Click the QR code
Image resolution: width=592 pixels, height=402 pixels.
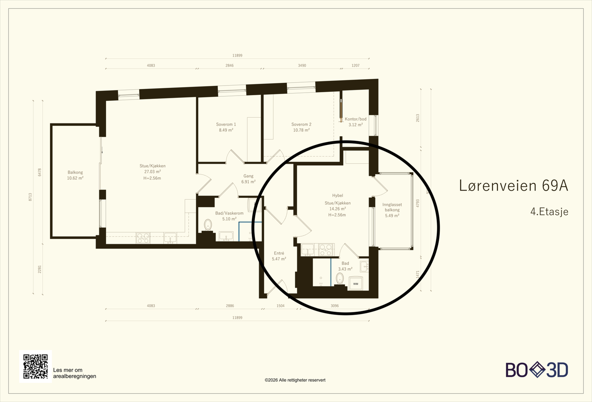tap(36, 366)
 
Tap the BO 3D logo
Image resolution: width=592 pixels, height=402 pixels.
tap(537, 370)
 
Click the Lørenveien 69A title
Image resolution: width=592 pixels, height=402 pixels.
tap(514, 186)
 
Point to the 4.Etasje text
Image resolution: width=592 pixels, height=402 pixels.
tap(549, 212)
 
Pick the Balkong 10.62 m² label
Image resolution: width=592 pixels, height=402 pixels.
tap(75, 175)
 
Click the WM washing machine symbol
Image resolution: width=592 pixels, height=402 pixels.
tap(356, 284)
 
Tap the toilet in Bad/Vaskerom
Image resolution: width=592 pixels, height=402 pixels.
tap(208, 225)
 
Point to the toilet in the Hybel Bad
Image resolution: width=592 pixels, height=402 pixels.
tap(340, 278)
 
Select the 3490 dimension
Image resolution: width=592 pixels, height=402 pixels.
tap(302, 65)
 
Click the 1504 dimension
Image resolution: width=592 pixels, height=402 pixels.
tap(280, 306)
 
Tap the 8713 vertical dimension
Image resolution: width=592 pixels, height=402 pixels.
tap(30, 197)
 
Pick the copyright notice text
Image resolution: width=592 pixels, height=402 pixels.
tap(295, 380)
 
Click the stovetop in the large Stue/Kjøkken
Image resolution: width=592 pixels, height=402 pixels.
tap(143, 238)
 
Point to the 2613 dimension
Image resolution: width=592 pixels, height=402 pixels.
tap(418, 118)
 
